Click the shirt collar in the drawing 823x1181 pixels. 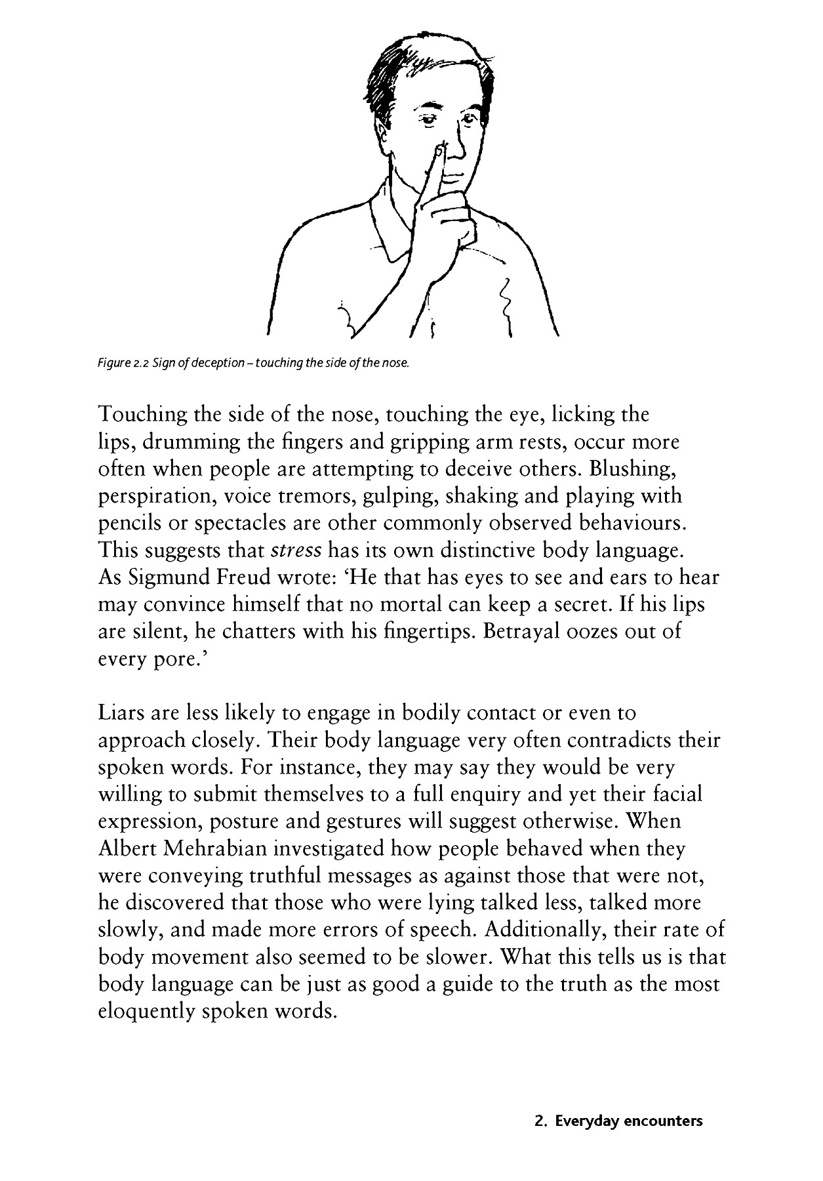click(387, 223)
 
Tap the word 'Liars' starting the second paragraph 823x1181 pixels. click(122, 713)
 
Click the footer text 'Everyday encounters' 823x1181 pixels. click(628, 1121)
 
